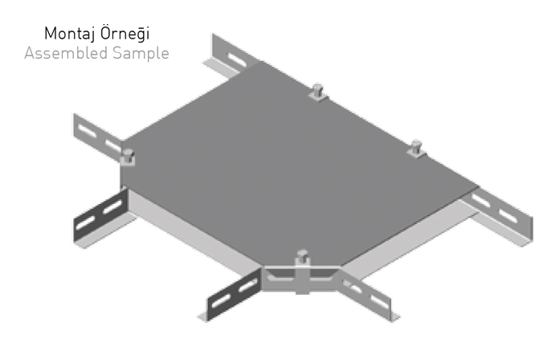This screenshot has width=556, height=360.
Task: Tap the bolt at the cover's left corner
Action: coord(127,154)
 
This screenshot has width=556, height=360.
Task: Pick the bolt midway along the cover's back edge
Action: coord(317,92)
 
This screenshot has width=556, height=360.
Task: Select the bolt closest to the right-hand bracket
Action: coord(416,149)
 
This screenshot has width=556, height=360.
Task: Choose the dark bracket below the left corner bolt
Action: coord(99,215)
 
